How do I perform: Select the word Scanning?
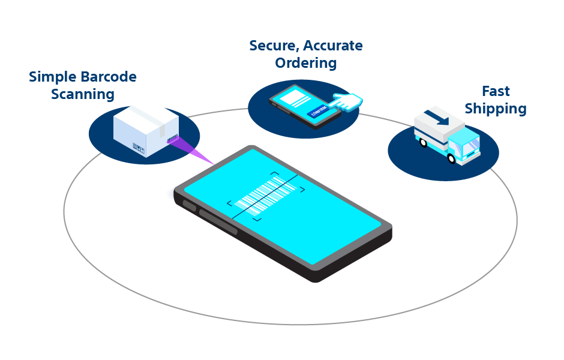pyautogui.click(x=82, y=95)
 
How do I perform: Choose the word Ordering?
pyautogui.click(x=306, y=63)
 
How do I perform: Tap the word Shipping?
pyautogui.click(x=496, y=109)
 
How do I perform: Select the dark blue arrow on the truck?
pyautogui.click(x=437, y=117)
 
